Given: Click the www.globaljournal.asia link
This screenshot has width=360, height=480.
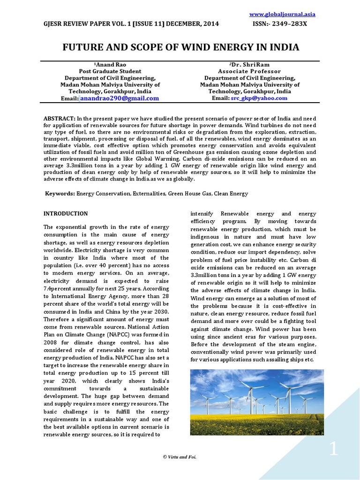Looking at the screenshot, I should tap(289, 15).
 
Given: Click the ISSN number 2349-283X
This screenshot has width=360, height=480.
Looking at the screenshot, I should tap(287, 24).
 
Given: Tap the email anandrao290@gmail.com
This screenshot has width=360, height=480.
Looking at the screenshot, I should tap(119, 98).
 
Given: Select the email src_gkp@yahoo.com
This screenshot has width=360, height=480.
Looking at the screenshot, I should tap(259, 98).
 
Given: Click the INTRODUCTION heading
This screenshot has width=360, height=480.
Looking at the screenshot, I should tap(66, 214).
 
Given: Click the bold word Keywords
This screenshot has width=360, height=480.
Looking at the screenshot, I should tap(60, 194).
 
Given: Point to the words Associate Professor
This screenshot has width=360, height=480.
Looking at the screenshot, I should tap(249, 71).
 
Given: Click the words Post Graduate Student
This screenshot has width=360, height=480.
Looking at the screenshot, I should tap(110, 71).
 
